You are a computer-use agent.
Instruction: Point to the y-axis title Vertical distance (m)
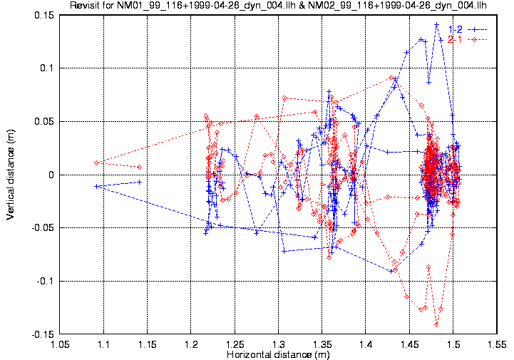[x=11, y=174]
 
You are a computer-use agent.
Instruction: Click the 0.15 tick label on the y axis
[x=43, y=15]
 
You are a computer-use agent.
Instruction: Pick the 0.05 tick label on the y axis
[x=43, y=121]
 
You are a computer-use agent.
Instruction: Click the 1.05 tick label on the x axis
[x=61, y=344]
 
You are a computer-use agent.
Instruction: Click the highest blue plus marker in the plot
[x=436, y=25]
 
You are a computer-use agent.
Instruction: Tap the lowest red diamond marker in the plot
[x=436, y=324]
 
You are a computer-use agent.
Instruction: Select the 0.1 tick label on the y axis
[x=48, y=68]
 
